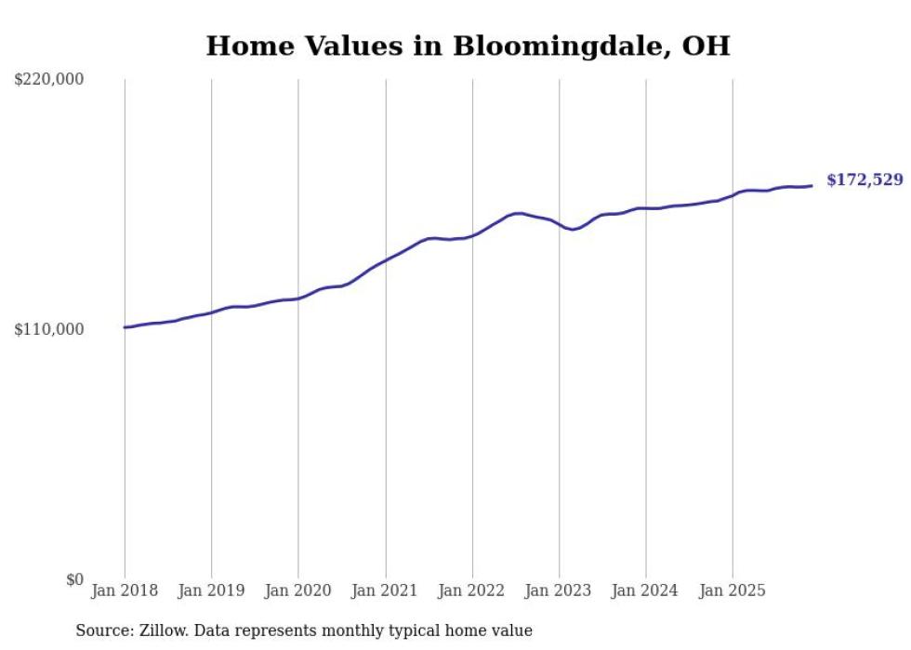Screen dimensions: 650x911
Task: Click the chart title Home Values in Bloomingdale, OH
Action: pos(468,46)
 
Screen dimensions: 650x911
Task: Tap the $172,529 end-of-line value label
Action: pos(864,180)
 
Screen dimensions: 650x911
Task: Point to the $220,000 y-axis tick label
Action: pos(49,80)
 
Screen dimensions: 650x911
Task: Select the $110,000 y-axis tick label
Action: pos(49,330)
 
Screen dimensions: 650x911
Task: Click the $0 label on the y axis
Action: pos(74,579)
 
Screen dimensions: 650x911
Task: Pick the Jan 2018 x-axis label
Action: pos(125,591)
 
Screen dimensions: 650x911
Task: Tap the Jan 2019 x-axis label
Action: pos(211,591)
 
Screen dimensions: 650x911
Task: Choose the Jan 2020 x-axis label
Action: pos(298,591)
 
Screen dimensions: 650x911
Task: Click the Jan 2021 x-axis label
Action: pos(385,591)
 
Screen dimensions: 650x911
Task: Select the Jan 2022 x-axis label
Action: pos(472,591)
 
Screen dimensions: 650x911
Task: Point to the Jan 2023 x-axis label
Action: pos(559,591)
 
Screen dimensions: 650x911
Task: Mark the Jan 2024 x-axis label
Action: pos(646,591)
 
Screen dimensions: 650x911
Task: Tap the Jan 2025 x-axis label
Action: pos(733,591)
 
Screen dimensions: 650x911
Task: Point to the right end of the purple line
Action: pos(812,186)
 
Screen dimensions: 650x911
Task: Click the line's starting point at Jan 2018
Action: pos(125,327)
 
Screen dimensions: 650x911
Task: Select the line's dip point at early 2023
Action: pos(574,229)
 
